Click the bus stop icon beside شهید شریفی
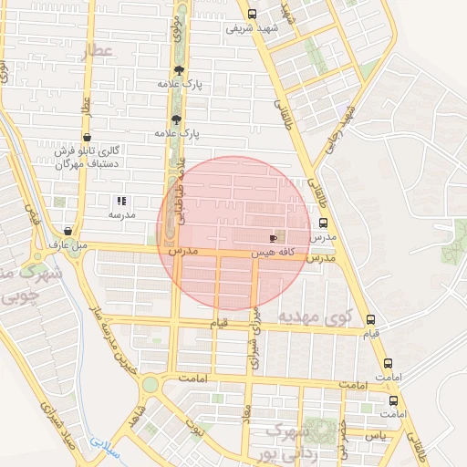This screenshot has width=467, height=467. point(252,14)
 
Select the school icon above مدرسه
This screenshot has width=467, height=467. point(121,201)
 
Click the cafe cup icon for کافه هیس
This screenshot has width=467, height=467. point(274,236)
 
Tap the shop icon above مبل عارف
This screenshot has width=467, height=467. point(69,232)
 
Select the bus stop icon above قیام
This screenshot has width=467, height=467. point(370,319)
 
